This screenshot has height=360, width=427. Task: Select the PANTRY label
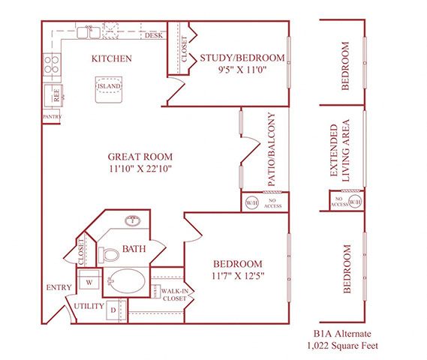(x=52, y=117)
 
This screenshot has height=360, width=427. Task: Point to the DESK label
(x=153, y=35)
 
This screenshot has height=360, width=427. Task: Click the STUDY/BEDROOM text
(x=242, y=58)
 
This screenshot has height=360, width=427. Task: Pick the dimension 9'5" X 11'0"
(x=242, y=71)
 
